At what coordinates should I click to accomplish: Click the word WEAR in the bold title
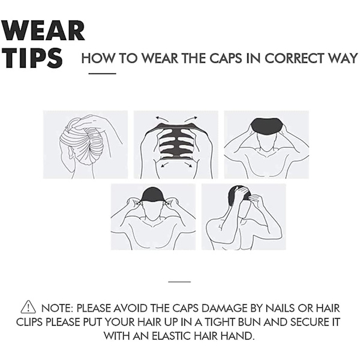[x=44, y=31]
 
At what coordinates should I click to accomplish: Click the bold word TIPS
[x=32, y=58]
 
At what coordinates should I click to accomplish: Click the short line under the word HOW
[x=102, y=74]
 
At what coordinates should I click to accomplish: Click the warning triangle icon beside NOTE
[x=28, y=307]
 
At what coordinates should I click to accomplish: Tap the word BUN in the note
[x=250, y=322]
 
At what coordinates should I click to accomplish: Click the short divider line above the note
[x=179, y=281]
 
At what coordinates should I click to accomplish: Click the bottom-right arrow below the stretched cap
[x=189, y=164]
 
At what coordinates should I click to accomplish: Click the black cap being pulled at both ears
[x=153, y=194]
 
